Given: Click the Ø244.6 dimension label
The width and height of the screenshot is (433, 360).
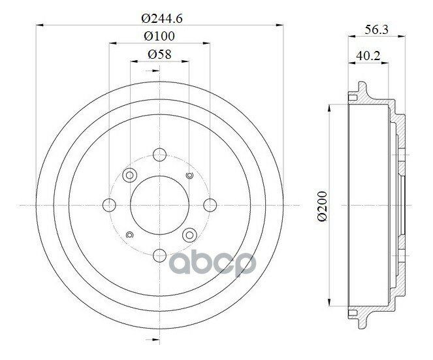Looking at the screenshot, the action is click(x=162, y=18).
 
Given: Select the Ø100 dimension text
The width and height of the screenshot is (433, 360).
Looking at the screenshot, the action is click(x=159, y=36).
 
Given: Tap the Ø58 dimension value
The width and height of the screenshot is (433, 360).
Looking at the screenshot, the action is click(x=159, y=54).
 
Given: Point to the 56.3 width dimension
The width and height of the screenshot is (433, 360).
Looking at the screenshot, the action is click(x=376, y=29).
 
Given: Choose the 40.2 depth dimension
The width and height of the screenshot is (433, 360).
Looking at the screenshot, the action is click(x=368, y=56).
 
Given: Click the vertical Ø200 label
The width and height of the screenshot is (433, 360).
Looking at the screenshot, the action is click(x=322, y=206).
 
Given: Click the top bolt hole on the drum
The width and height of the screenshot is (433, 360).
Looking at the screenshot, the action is click(x=159, y=154).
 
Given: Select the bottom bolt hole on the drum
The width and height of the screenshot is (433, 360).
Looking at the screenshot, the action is click(x=159, y=255).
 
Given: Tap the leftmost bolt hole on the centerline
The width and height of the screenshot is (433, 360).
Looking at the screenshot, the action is click(x=109, y=205).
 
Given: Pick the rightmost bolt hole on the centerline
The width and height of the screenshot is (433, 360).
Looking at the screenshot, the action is click(x=210, y=205).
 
